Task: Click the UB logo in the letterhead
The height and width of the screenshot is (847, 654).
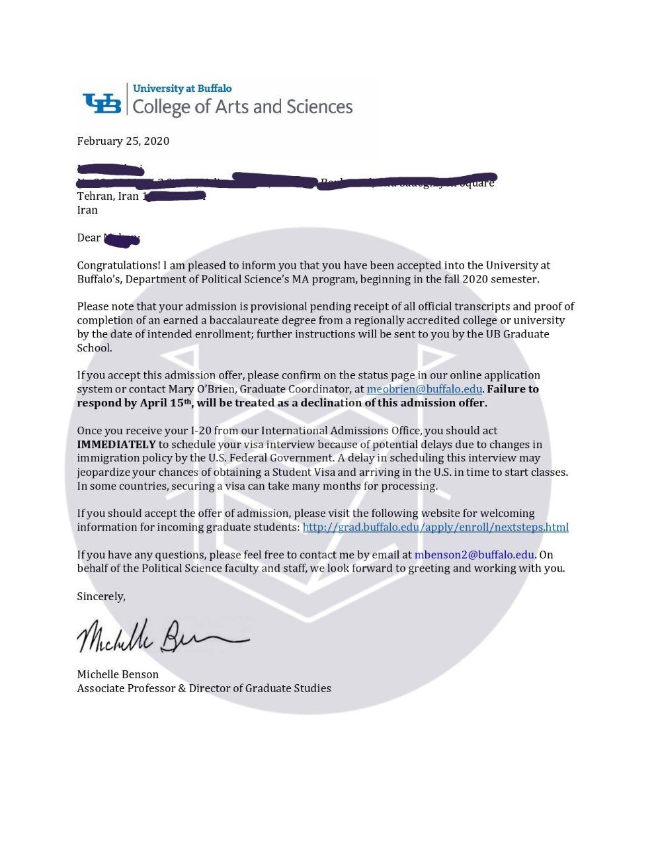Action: tap(102, 103)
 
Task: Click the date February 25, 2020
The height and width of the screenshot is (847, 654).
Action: tap(123, 141)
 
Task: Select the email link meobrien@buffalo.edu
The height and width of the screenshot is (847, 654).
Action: tap(424, 389)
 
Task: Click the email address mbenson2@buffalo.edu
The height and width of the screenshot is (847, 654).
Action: tap(474, 555)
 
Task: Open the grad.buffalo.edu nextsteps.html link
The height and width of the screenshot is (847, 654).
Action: tap(435, 527)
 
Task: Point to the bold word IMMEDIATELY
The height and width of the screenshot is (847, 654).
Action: tap(116, 444)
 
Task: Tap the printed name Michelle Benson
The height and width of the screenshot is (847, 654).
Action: tap(118, 674)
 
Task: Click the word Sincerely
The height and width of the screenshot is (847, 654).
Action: tap(101, 596)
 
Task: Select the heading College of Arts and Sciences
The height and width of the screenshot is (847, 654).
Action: tap(243, 107)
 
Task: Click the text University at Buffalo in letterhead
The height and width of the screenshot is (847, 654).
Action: tap(182, 88)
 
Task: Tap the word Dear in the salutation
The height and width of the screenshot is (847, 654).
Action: tap(89, 238)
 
